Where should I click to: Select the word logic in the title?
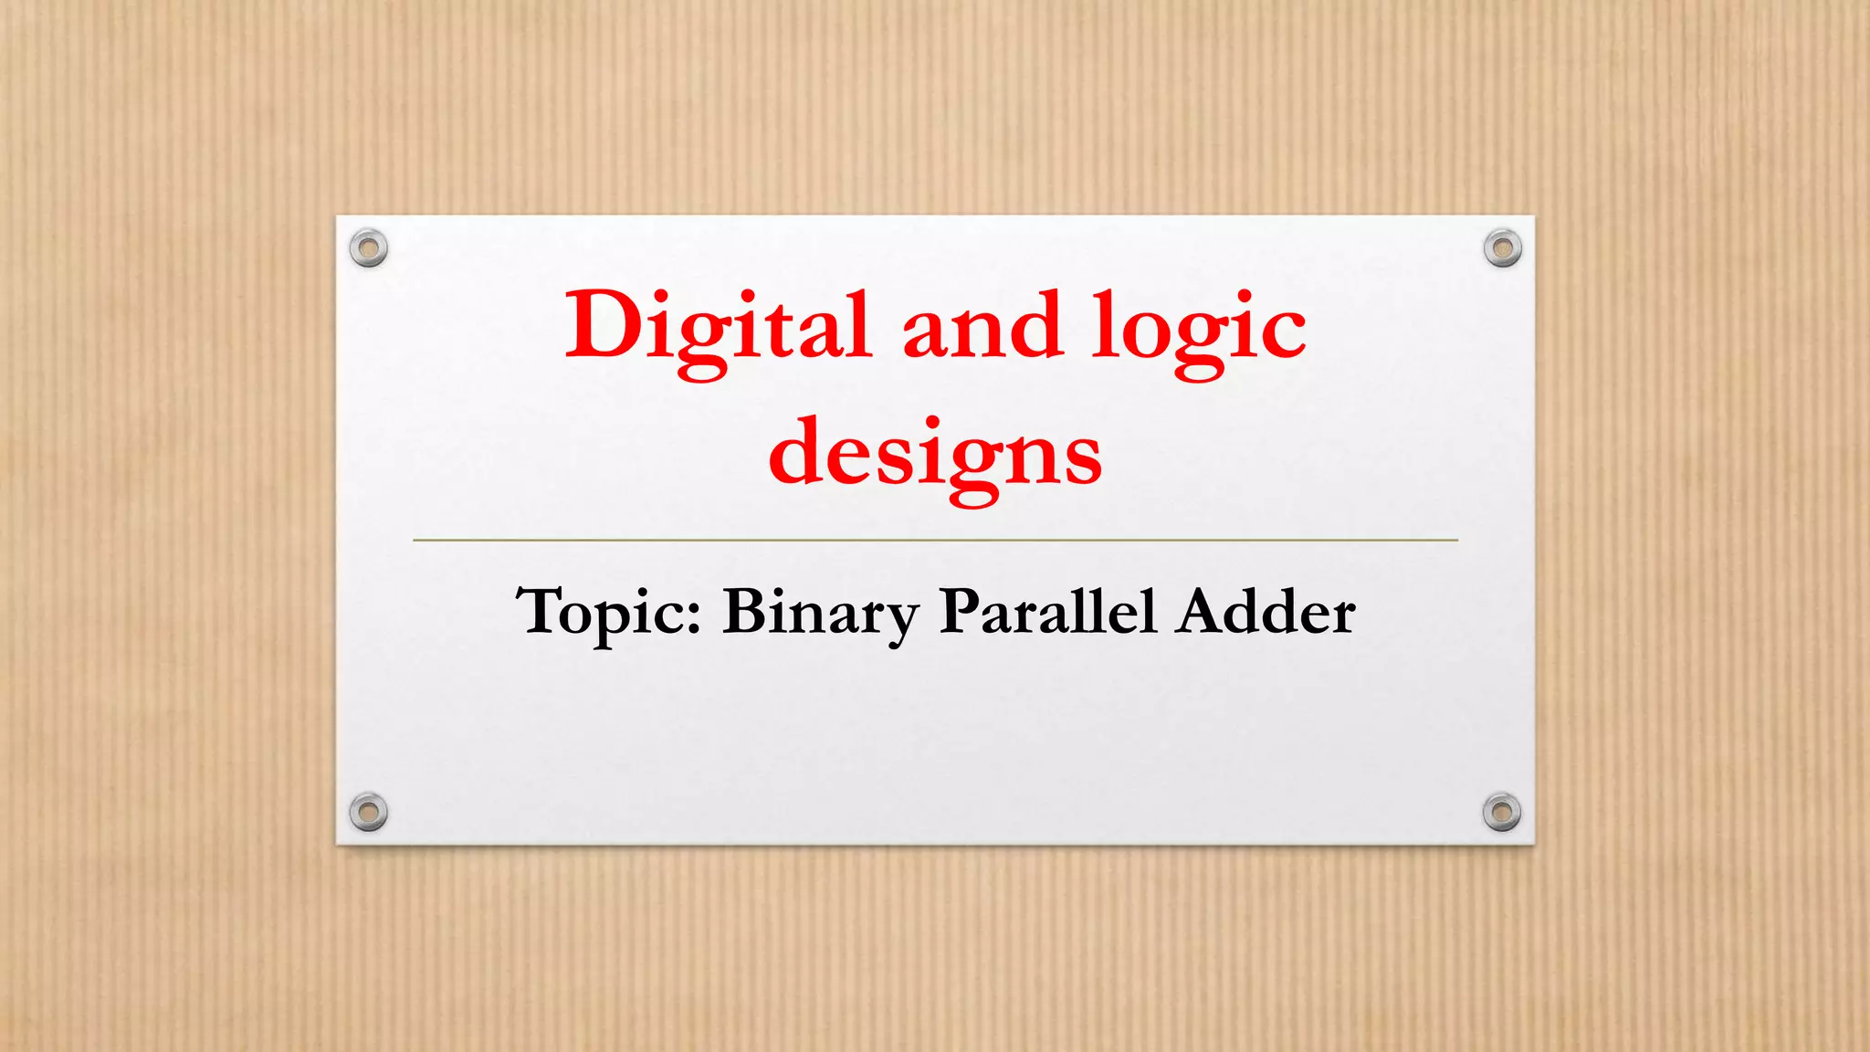click(x=1199, y=331)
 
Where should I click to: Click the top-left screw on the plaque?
click(x=369, y=247)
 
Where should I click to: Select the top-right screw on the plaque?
click(x=1502, y=247)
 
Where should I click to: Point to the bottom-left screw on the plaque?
click(x=369, y=811)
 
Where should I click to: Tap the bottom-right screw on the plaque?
click(x=1502, y=811)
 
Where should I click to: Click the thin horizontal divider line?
click(x=935, y=541)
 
